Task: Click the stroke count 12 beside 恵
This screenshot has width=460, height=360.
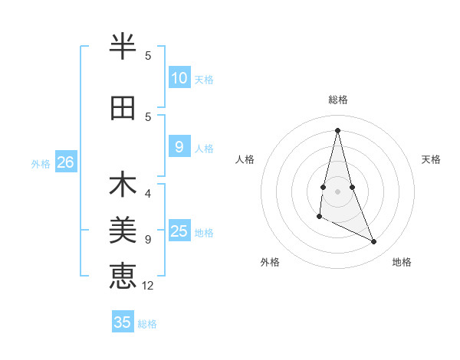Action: pos(149,286)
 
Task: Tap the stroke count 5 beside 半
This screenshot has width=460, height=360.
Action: pos(148,56)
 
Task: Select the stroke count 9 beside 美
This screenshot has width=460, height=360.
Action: pos(148,240)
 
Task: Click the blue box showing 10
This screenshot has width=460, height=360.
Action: pos(179,78)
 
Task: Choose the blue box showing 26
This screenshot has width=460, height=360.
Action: pos(65,162)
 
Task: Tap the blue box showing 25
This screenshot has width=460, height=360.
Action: pos(179,231)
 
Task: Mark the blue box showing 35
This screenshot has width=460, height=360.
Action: pos(123,322)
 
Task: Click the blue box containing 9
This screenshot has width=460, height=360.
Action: pos(179,147)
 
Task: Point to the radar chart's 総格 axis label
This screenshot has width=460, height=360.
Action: pos(337,100)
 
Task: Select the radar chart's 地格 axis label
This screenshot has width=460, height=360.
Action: pos(402,262)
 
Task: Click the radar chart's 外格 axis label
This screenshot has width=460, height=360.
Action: pos(270,262)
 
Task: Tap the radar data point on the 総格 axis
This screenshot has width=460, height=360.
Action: pos(337,129)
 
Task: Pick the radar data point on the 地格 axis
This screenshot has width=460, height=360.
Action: pos(374,242)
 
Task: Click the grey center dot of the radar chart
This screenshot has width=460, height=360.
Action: pos(337,191)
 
